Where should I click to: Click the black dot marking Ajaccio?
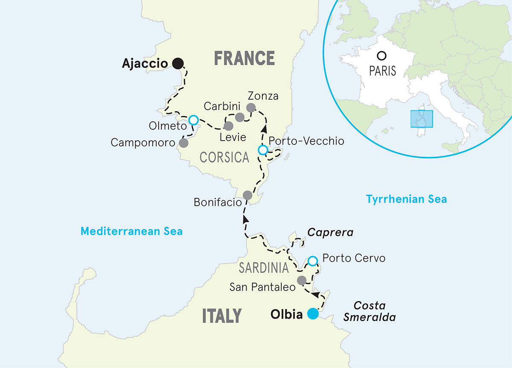click(x=178, y=64)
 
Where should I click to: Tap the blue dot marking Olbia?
click(x=313, y=314)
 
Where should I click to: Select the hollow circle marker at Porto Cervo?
click(x=313, y=261)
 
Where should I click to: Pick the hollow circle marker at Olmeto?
click(x=194, y=120)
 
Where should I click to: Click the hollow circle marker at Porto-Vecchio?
click(x=263, y=150)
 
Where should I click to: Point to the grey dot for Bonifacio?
click(x=247, y=195)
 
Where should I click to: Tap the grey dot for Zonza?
click(x=251, y=107)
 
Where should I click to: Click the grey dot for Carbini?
click(x=240, y=117)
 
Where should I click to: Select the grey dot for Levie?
click(x=229, y=126)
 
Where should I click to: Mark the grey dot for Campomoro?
click(x=183, y=143)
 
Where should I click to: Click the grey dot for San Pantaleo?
click(x=301, y=280)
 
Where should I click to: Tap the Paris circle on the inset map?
click(x=382, y=56)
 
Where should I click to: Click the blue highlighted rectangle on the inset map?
click(x=421, y=119)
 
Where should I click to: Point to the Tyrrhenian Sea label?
click(x=407, y=199)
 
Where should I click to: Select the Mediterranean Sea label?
click(x=131, y=232)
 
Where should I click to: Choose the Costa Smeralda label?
click(x=369, y=312)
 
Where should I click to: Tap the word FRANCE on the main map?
click(x=244, y=58)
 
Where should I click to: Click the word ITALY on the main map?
click(x=221, y=316)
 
